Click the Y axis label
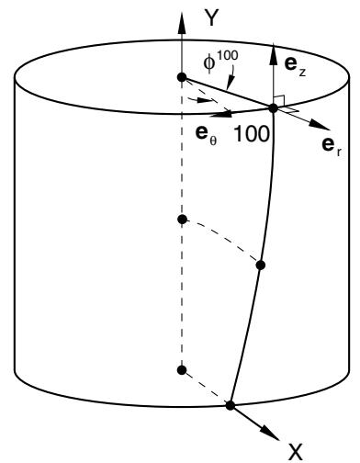tap(211, 18)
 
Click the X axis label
tap(295, 453)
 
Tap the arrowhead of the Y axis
tap(182, 22)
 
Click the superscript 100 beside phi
tap(227, 56)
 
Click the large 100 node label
tap(252, 134)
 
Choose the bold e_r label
tap(332, 146)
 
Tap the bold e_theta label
tap(206, 135)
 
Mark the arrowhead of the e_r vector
tap(319, 125)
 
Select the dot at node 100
tap(273, 108)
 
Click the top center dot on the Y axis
tap(182, 77)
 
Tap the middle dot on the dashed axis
tap(182, 220)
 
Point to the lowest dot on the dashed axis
tap(182, 370)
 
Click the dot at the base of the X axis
tap(230, 405)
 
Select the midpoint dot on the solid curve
tap(260, 265)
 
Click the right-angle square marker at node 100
tap(280, 101)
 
